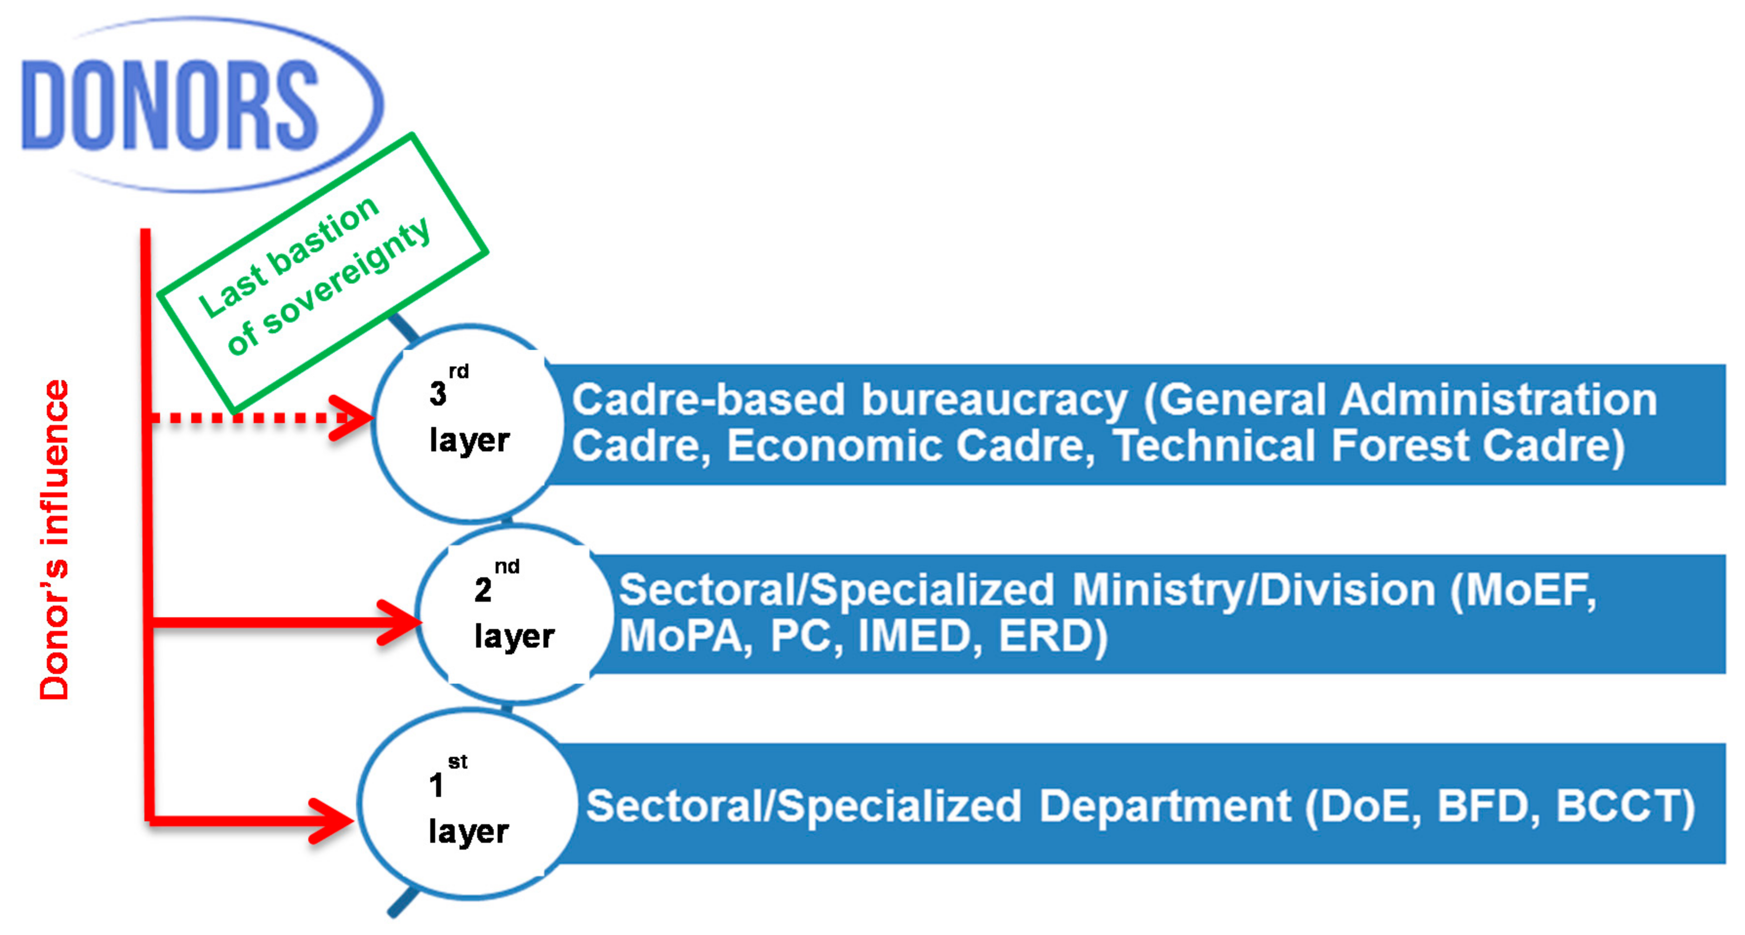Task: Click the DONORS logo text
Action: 169,105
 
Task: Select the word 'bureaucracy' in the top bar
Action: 994,399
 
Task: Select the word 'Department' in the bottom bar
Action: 1165,806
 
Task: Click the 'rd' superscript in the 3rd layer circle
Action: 459,371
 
